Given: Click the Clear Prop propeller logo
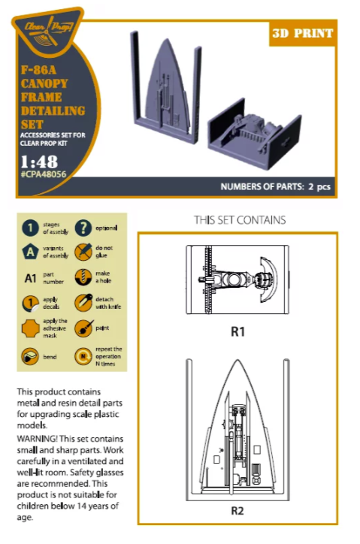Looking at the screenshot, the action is click(47, 31).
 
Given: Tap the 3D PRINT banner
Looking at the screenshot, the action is click(303, 33).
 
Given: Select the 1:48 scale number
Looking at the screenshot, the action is click(39, 162).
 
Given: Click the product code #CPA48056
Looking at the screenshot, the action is click(43, 174).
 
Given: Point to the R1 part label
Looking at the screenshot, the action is click(237, 332).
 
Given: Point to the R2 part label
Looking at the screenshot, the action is click(237, 511).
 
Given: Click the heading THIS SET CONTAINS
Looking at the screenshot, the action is click(240, 220).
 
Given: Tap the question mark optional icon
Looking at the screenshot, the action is click(83, 228).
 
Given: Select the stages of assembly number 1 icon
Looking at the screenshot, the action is click(30, 228).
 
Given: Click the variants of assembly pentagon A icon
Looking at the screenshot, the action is click(30, 252).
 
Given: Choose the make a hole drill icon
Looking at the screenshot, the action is click(83, 277).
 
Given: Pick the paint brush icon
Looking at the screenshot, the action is click(83, 328).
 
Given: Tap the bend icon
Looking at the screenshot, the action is click(30, 356).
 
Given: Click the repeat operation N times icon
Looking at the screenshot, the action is click(83, 356).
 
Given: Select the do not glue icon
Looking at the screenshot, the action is click(83, 252).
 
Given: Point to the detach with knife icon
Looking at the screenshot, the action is click(83, 303).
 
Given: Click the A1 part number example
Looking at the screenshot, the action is click(30, 278).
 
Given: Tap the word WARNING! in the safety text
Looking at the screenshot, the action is click(37, 439).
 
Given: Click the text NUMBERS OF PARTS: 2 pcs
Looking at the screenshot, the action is click(275, 186).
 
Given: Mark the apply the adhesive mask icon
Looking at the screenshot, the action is click(31, 328).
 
